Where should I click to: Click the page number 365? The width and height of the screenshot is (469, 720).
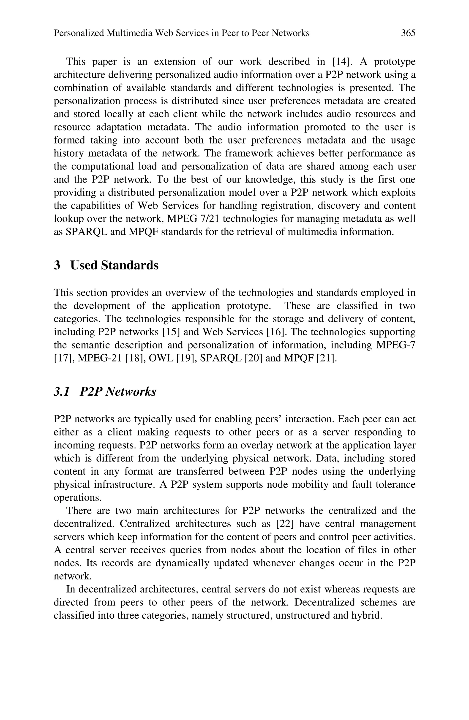pos(408,33)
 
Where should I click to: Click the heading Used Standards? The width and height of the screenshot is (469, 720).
pos(114,265)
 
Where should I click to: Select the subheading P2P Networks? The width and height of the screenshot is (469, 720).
pos(118,391)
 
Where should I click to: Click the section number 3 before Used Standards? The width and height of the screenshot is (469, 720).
pos(57,265)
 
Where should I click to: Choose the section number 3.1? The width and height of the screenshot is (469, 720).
pos(61,391)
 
